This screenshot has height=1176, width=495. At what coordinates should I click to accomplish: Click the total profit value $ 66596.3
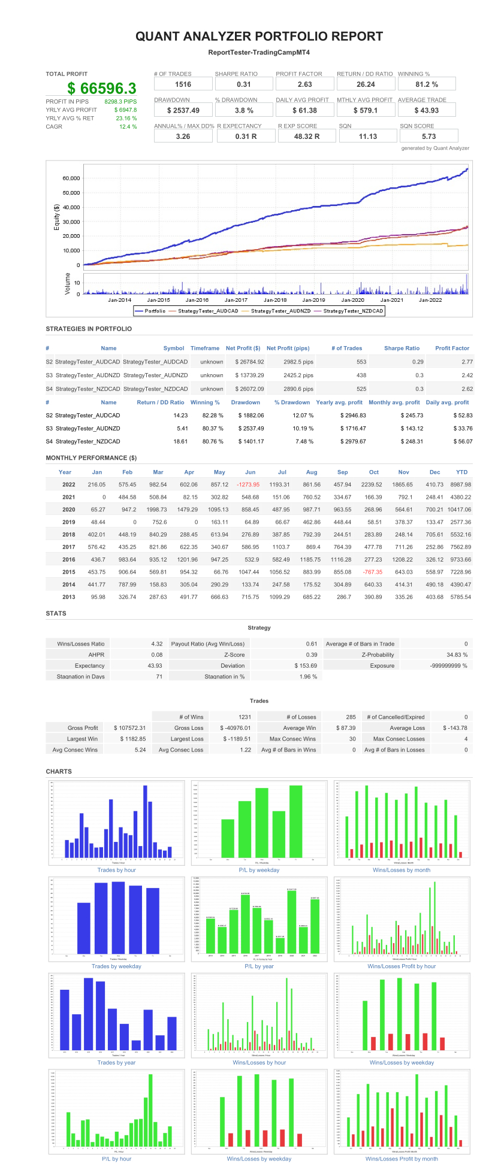coord(102,89)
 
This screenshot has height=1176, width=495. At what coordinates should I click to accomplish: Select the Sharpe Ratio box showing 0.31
coord(244,84)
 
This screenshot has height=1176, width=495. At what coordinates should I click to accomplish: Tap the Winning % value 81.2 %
coord(426,84)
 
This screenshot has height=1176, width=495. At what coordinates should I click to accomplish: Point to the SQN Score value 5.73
coord(428,137)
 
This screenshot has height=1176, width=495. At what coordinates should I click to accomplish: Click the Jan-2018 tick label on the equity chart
coord(275,299)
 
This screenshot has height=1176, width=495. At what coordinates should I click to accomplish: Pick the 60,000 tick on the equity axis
coord(71,178)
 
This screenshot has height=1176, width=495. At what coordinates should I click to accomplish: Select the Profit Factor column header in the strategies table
coord(452,348)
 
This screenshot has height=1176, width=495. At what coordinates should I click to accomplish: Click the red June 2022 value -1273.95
coord(248,484)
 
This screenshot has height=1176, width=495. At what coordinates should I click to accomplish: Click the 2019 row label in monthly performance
coord(68,522)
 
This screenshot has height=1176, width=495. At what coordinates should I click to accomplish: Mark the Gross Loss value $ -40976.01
coord(235,728)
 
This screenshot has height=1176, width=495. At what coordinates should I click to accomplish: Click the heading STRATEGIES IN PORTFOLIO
coord(89,329)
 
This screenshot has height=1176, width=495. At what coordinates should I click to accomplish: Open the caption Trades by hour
coord(116,870)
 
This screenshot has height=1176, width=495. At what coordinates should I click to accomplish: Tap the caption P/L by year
coord(259,966)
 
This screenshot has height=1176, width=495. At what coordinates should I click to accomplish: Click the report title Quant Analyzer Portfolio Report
coord(259,36)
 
